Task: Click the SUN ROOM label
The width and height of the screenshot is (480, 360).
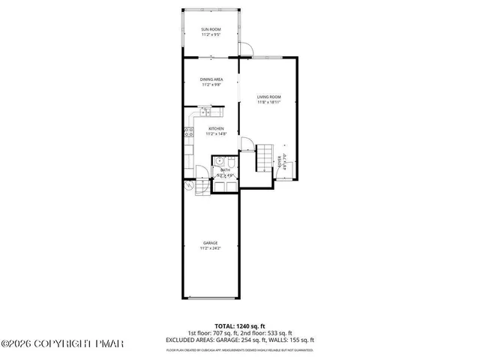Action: point(211,29)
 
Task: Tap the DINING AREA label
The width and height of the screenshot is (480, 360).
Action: point(211,79)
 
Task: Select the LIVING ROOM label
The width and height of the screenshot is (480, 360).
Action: point(268,97)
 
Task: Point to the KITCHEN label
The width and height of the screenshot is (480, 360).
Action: point(217,129)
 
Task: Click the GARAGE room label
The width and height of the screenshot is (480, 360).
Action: point(211,242)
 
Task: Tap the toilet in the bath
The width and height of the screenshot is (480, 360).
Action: point(232,163)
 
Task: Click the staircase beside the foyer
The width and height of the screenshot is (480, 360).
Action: point(265,157)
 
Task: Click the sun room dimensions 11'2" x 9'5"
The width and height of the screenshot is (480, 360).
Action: point(211,34)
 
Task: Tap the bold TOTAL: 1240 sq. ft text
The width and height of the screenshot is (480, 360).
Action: point(239,326)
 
